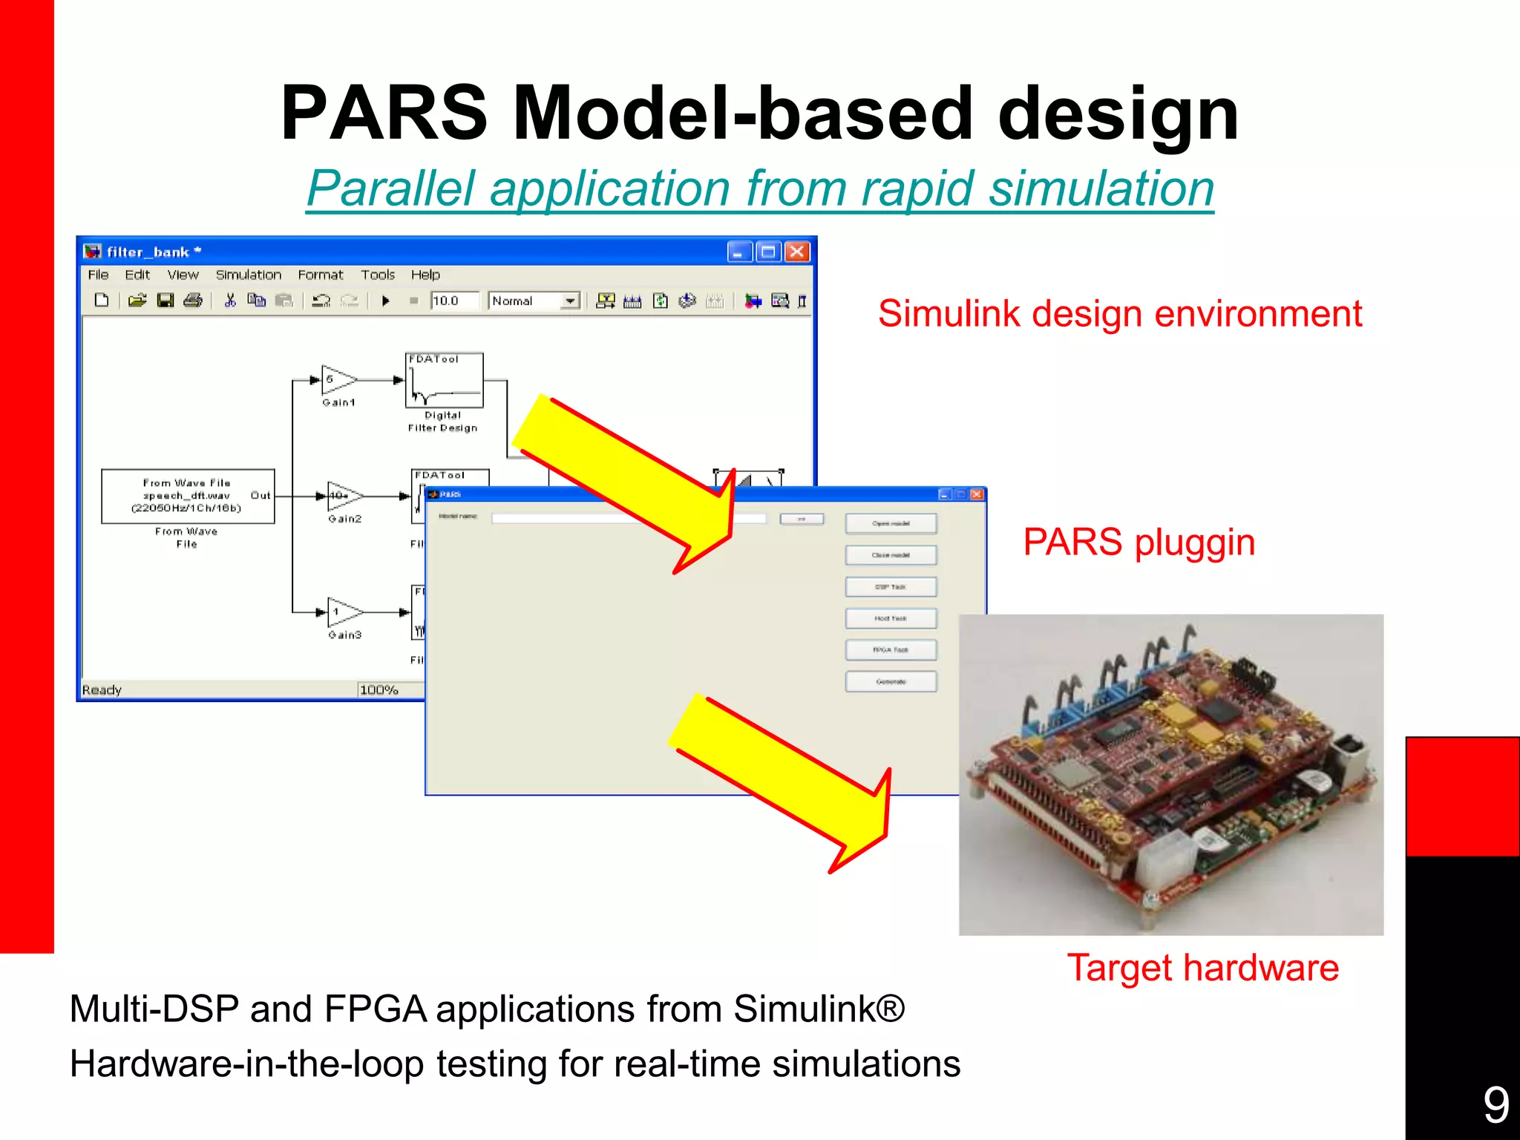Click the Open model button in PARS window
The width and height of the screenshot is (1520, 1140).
point(891,524)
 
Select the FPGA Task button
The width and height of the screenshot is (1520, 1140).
point(891,650)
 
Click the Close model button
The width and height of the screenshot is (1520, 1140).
point(891,555)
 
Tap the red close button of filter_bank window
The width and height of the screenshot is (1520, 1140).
point(797,252)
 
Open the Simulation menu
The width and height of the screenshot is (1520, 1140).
point(249,275)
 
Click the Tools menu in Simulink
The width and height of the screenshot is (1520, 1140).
point(378,275)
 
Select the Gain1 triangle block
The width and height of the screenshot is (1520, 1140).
point(337,380)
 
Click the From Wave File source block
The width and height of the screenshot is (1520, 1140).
point(188,496)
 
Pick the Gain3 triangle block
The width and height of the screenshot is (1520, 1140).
point(343,612)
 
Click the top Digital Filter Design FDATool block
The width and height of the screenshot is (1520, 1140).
point(444,381)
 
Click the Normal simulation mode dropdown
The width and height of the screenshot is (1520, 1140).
point(534,301)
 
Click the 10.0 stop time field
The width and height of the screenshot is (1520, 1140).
point(453,301)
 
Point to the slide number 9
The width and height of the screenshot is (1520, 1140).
point(1496,1104)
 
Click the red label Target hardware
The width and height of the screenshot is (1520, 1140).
point(1202,968)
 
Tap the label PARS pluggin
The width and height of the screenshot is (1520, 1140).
point(1139,542)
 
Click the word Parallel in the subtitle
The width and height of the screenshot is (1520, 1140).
point(390,189)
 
